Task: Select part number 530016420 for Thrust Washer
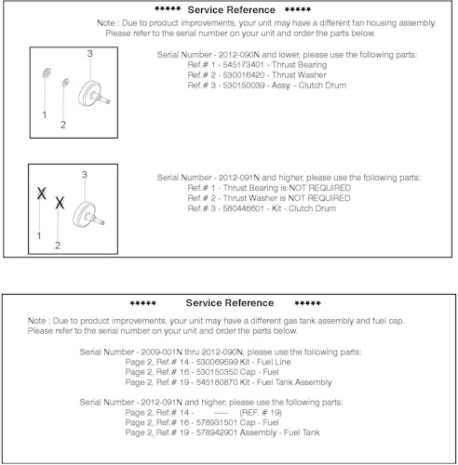click(244, 75)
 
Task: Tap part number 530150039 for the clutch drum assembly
click(244, 86)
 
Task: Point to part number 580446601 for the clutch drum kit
click(243, 208)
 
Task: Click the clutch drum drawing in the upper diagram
click(93, 94)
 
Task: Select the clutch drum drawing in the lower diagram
click(88, 214)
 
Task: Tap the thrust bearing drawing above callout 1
click(47, 73)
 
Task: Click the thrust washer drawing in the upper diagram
click(65, 83)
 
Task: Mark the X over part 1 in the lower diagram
click(42, 193)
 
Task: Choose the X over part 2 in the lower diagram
click(60, 203)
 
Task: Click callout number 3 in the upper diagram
click(89, 54)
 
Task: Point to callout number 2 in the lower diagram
click(58, 246)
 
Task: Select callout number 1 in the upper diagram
click(45, 115)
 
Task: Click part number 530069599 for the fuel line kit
click(217, 362)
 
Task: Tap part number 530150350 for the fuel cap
click(217, 372)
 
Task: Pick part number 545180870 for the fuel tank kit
click(217, 382)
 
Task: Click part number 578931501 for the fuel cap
click(217, 422)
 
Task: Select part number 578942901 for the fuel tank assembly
click(217, 432)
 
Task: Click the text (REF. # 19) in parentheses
click(261, 413)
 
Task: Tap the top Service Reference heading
click(232, 10)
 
